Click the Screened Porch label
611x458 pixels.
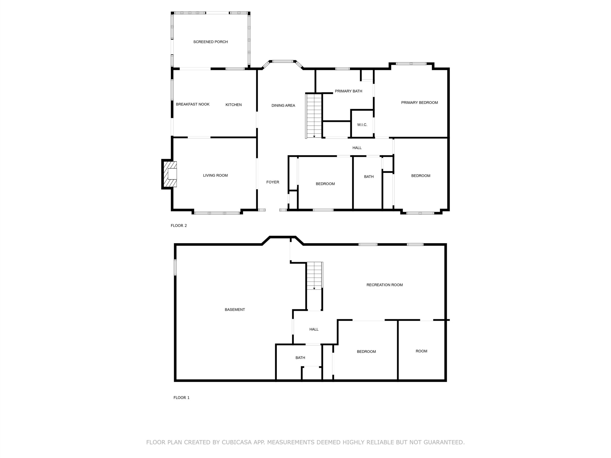pos(211,42)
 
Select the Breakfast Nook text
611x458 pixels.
pos(193,104)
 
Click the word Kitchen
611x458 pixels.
pos(233,105)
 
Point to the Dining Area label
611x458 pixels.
pos(283,105)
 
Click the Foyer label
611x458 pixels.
pos(273,182)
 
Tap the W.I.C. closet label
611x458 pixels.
pos(362,125)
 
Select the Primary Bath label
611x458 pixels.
pos(348,91)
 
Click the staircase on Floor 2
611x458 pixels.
pos(314,116)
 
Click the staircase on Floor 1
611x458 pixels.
pos(315,276)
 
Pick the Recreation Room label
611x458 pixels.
pos(385,285)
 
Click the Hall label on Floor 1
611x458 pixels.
pos(314,329)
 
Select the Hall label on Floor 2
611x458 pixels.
pos(357,148)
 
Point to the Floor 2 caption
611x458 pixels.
pos(179,226)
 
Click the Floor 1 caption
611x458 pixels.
pos(181,398)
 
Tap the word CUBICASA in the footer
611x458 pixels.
pos(237,442)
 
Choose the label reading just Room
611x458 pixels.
pos(421,351)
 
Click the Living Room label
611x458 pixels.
pos(216,175)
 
